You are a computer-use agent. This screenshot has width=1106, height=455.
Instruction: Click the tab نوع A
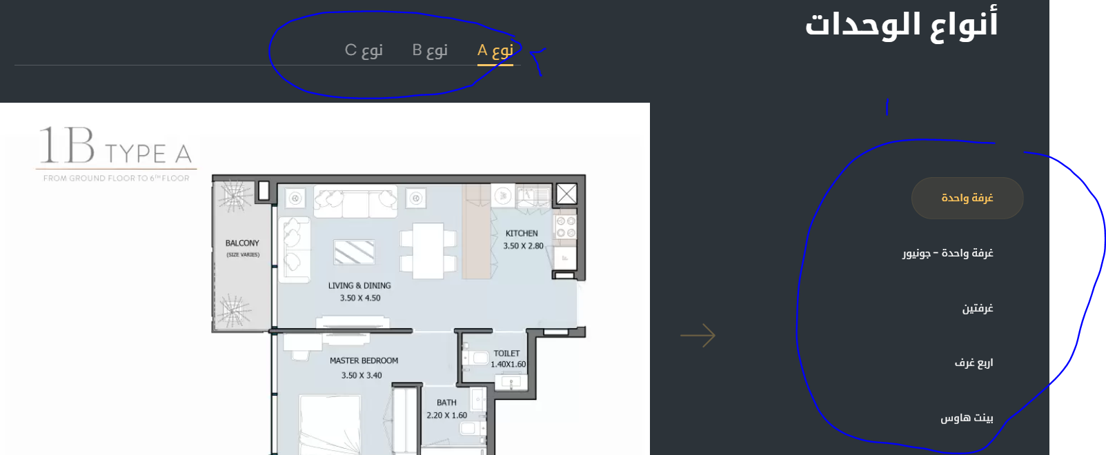tap(495, 50)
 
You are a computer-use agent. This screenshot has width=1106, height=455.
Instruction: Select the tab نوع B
tap(430, 50)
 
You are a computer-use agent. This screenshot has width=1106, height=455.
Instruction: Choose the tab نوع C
tap(364, 50)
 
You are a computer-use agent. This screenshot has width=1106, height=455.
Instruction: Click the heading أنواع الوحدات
tap(902, 23)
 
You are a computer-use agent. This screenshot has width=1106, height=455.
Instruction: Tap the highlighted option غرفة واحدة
tap(967, 198)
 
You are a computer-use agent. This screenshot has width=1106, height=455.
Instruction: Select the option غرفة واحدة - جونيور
tap(948, 253)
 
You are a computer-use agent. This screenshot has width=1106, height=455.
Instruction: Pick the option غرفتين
tap(978, 308)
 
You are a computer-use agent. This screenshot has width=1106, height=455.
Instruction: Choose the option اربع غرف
tap(974, 363)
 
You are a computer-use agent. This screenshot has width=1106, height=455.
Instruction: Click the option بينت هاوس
tap(967, 418)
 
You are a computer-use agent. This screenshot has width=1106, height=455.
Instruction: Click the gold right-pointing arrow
tap(698, 336)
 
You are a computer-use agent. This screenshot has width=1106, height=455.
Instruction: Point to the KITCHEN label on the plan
tap(522, 234)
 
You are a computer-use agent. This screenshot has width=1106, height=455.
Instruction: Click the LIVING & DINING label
tap(359, 285)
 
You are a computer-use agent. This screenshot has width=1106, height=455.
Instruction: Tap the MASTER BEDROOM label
tap(364, 361)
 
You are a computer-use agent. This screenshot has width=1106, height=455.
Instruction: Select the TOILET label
tap(506, 354)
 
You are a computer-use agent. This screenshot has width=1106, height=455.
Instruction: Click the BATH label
tap(446, 403)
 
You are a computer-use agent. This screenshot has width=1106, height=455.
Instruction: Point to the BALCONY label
tap(242, 243)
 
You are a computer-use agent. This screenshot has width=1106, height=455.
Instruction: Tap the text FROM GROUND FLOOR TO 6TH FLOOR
tap(117, 178)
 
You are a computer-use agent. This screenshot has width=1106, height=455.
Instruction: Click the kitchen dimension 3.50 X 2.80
tap(524, 245)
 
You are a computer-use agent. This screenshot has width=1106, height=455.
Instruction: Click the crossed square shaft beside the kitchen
tap(566, 194)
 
